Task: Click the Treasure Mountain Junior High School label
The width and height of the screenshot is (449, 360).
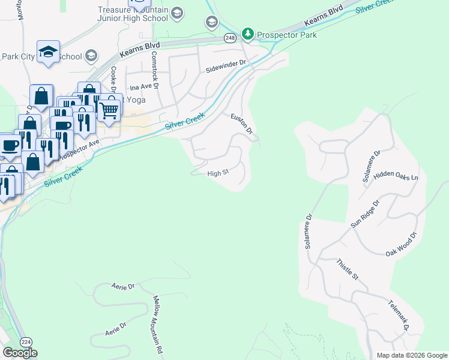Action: (133, 14)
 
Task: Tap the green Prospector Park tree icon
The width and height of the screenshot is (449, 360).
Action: (248, 34)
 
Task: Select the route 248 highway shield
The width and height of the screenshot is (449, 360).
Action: (231, 38)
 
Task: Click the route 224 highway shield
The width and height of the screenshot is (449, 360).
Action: (26, 341)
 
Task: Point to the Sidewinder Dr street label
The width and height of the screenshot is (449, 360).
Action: (226, 62)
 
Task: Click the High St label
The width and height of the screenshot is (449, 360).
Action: (218, 173)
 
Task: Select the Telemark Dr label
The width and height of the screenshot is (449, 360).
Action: (398, 316)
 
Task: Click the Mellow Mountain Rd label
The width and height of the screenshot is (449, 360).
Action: (158, 324)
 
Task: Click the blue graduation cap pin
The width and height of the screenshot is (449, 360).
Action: (48, 52)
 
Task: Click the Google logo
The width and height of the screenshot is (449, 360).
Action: (20, 353)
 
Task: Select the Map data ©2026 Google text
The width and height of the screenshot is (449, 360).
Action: (411, 355)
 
